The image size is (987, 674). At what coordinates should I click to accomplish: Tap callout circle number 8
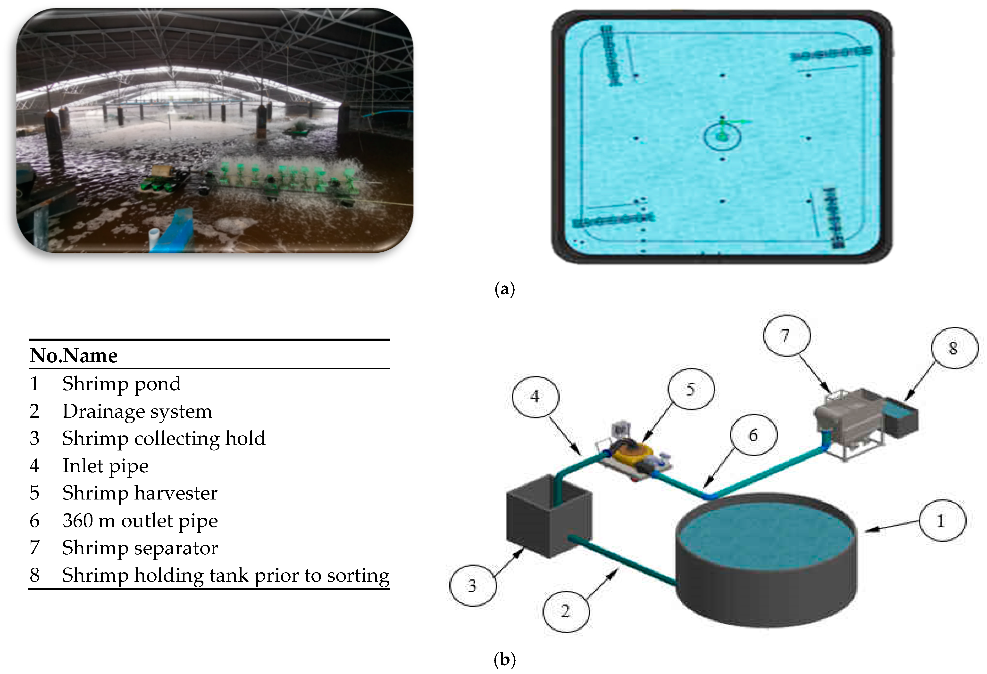pos(954,348)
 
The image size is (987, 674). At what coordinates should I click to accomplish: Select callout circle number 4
pos(535,397)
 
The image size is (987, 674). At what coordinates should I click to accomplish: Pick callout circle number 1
pos(942,520)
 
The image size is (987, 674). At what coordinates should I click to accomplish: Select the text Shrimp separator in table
pos(140,548)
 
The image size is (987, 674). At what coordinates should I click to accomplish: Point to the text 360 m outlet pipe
pos(140,521)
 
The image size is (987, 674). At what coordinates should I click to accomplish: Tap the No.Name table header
pos(74,355)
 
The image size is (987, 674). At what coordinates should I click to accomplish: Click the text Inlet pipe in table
pos(105,466)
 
